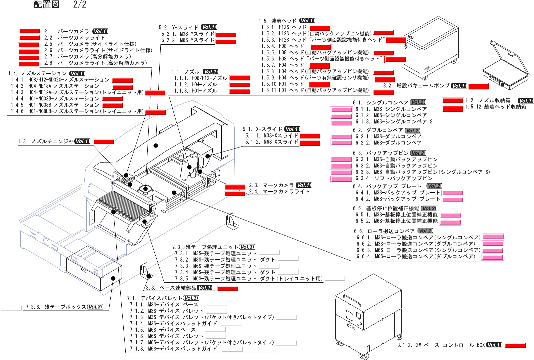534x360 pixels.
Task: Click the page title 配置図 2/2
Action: click(60, 4)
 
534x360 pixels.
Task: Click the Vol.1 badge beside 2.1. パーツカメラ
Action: click(100, 31)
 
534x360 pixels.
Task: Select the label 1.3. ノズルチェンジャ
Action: click(46, 141)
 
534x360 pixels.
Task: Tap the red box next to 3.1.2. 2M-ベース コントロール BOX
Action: click(515, 345)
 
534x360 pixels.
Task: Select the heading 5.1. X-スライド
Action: click(262, 129)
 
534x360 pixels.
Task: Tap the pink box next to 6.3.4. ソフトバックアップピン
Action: click(341, 179)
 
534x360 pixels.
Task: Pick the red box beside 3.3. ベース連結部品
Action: click(228, 288)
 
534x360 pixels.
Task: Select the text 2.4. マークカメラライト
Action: click(279, 192)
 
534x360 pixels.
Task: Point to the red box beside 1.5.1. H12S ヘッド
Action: click(320, 28)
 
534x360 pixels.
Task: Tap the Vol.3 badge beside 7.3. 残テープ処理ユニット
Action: click(247, 247)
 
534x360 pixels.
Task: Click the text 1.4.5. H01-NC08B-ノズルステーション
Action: click(55, 105)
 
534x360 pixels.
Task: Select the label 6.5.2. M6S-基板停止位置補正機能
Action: click(396, 221)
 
